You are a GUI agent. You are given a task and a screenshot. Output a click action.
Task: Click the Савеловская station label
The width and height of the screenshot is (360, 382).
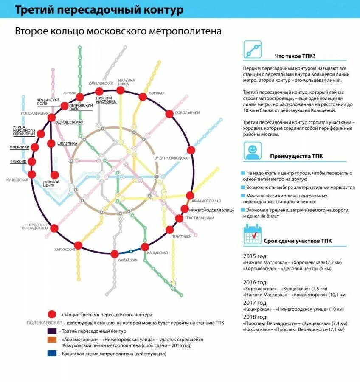[x=101, y=84]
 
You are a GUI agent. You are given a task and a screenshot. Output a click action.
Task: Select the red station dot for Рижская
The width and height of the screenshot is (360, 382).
[x=143, y=97]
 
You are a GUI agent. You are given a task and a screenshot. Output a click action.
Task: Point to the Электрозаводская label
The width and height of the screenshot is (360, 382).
[x=172, y=158]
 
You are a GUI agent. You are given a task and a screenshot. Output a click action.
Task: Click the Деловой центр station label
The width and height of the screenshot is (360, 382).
[x=51, y=184]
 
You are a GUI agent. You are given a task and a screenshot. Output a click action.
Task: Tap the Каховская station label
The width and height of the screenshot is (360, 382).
[x=127, y=260]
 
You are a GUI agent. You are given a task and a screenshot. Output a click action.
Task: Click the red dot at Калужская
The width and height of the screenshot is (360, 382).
[x=78, y=245]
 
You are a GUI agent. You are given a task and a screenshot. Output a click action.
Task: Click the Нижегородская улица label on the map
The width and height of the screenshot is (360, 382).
[x=211, y=210]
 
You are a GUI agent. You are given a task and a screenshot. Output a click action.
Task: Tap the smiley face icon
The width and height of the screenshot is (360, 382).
[x=252, y=151]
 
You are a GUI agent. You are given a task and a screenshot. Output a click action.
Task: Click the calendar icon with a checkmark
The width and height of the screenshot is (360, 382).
[x=252, y=235]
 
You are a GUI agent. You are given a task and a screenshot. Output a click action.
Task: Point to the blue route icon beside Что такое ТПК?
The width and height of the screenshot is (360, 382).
[x=252, y=50]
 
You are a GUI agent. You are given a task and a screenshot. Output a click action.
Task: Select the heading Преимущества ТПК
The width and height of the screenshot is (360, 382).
[x=296, y=156]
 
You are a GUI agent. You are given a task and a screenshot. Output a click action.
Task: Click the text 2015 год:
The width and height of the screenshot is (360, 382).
[x=256, y=256]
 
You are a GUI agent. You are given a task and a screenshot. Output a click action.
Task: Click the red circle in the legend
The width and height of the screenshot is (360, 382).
[x=52, y=315]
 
